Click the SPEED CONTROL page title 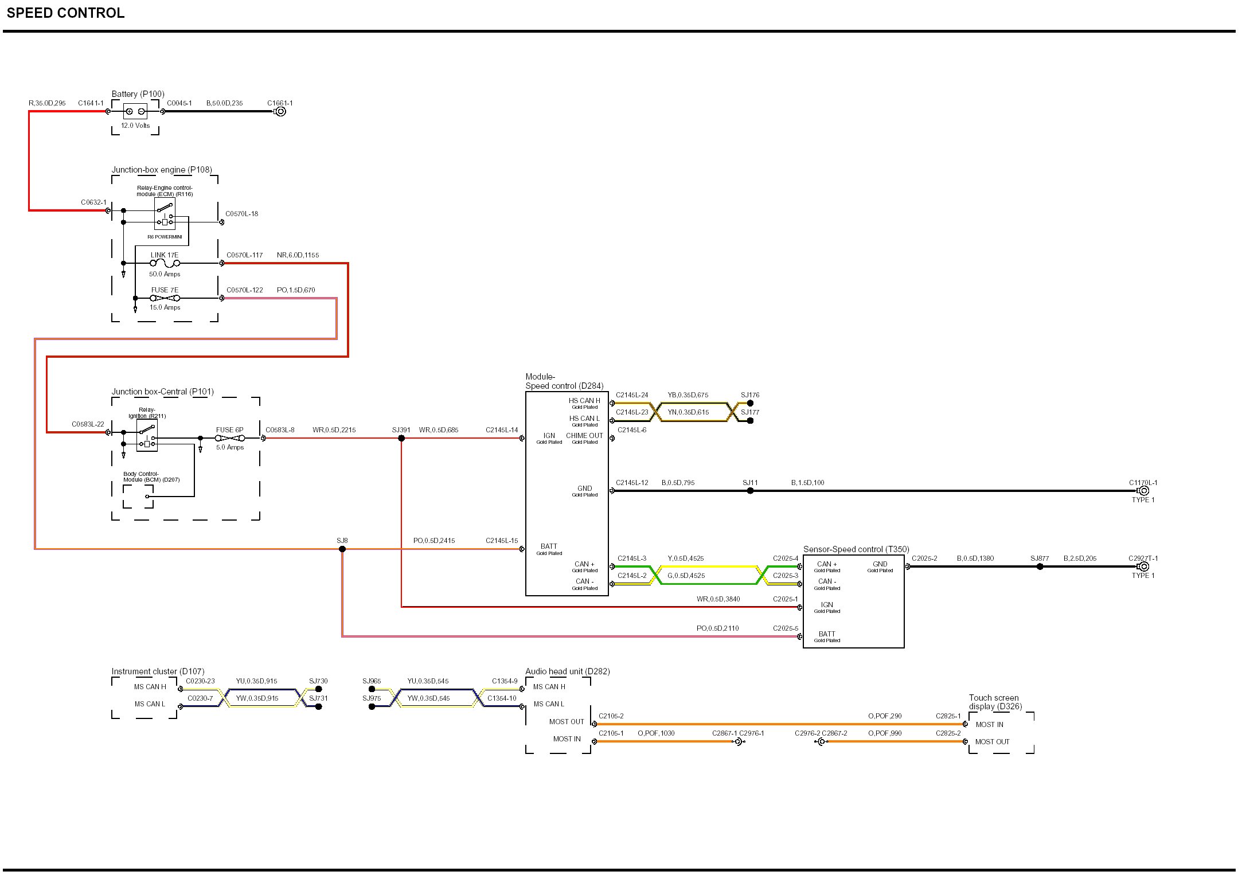point(65,13)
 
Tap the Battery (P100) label point(138,94)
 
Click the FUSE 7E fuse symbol point(165,298)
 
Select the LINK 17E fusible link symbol point(165,263)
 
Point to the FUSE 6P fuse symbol point(230,438)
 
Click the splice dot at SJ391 point(401,438)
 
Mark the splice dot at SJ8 point(342,549)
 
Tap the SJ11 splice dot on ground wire point(750,491)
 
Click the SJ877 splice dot point(1040,566)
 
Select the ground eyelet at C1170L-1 point(1143,491)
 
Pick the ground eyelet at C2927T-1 point(1143,566)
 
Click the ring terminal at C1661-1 point(280,111)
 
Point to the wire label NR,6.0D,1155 point(298,255)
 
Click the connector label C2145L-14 point(501,430)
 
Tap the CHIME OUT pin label point(584,436)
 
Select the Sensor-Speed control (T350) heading point(856,549)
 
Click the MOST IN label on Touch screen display point(989,725)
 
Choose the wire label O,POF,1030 point(656,733)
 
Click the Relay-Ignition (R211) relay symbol point(147,436)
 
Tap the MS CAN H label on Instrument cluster point(150,687)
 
